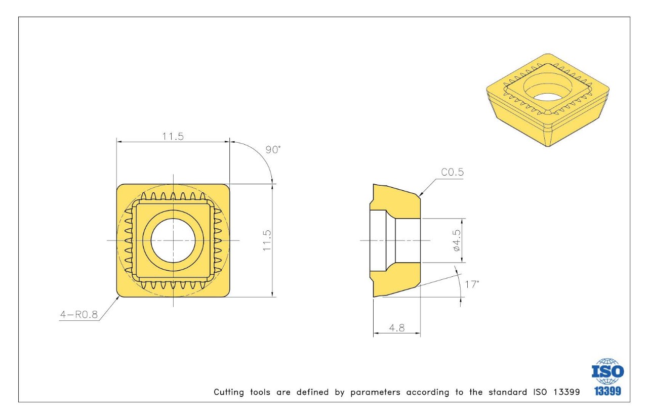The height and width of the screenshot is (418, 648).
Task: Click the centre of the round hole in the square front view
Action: point(173,240)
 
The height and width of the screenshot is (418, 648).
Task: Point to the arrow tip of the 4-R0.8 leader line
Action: point(119,297)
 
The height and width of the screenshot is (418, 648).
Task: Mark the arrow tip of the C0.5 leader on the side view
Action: point(420,196)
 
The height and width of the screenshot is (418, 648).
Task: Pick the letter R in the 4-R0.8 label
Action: point(78,314)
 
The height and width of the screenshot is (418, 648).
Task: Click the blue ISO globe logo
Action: point(608,371)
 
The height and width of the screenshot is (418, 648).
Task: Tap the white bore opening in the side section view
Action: point(395,240)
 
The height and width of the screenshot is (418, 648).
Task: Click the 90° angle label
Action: point(273,150)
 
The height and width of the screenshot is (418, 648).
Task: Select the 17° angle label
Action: point(472,284)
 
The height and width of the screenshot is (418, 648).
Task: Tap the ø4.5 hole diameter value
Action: point(457,240)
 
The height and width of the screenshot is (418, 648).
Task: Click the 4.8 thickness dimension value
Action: point(397,328)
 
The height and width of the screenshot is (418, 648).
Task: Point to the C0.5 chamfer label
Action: point(452,172)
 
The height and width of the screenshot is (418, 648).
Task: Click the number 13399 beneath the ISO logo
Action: point(608,391)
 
